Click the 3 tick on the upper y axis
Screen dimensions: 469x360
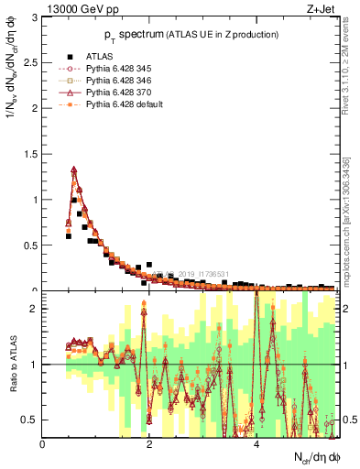click(x=35, y=17)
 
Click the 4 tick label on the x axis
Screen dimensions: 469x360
click(x=256, y=444)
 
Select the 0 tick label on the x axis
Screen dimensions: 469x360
click(x=43, y=444)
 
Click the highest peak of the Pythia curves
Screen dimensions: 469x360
click(x=73, y=169)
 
